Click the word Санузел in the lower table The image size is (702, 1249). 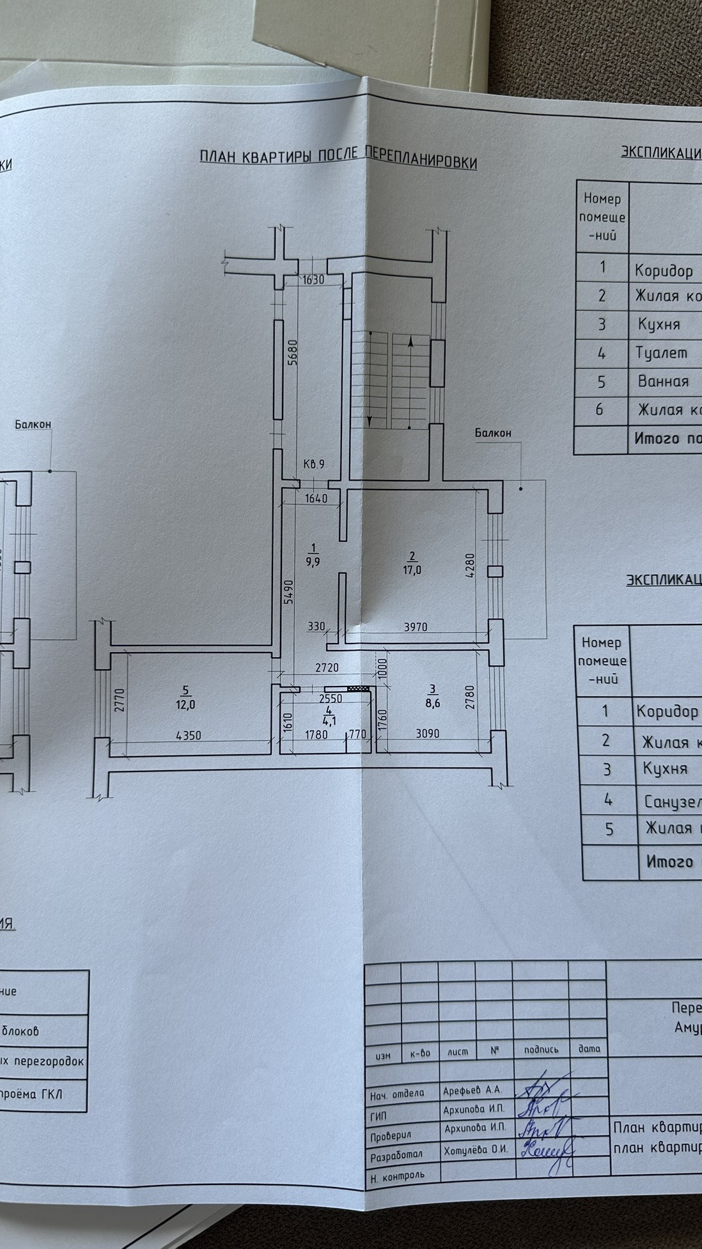[671, 801]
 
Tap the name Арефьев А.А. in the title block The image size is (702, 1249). [472, 1090]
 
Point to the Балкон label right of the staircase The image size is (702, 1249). [493, 433]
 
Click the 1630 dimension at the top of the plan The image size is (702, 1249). [313, 279]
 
